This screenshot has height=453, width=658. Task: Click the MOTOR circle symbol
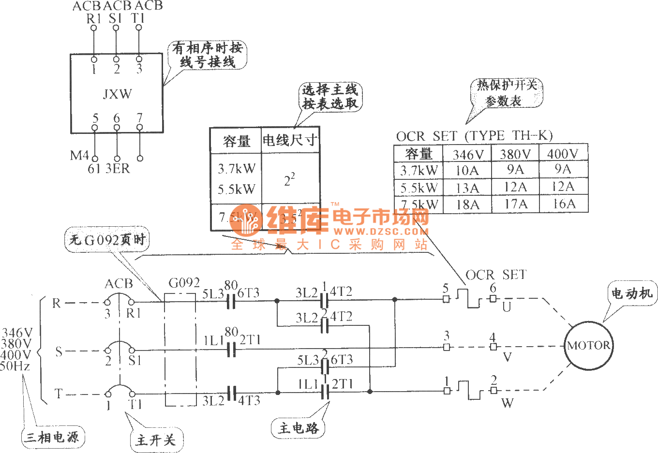click(588, 345)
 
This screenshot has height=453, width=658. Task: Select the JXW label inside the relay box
click(117, 94)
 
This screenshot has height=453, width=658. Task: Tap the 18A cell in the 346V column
click(467, 205)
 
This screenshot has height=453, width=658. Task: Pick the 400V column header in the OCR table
click(563, 154)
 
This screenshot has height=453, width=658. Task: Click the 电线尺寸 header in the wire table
click(290, 141)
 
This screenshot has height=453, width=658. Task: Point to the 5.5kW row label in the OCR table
click(419, 188)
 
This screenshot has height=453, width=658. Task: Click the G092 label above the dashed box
click(184, 283)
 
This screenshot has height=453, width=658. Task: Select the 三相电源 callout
click(52, 437)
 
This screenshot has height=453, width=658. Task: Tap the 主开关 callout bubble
click(155, 440)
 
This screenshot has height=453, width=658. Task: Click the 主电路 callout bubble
click(299, 428)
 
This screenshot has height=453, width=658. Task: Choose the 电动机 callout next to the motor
click(632, 293)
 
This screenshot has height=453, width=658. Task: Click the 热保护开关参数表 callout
click(506, 93)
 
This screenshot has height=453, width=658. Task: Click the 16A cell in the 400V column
click(564, 204)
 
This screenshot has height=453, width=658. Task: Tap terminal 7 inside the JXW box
click(140, 118)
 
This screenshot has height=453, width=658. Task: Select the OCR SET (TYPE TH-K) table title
click(474, 136)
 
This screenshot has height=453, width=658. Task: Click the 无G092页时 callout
click(107, 240)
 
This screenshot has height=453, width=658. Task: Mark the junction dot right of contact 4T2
click(395, 299)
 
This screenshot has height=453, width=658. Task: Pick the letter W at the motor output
click(507, 403)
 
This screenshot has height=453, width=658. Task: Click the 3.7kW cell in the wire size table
click(236, 169)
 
